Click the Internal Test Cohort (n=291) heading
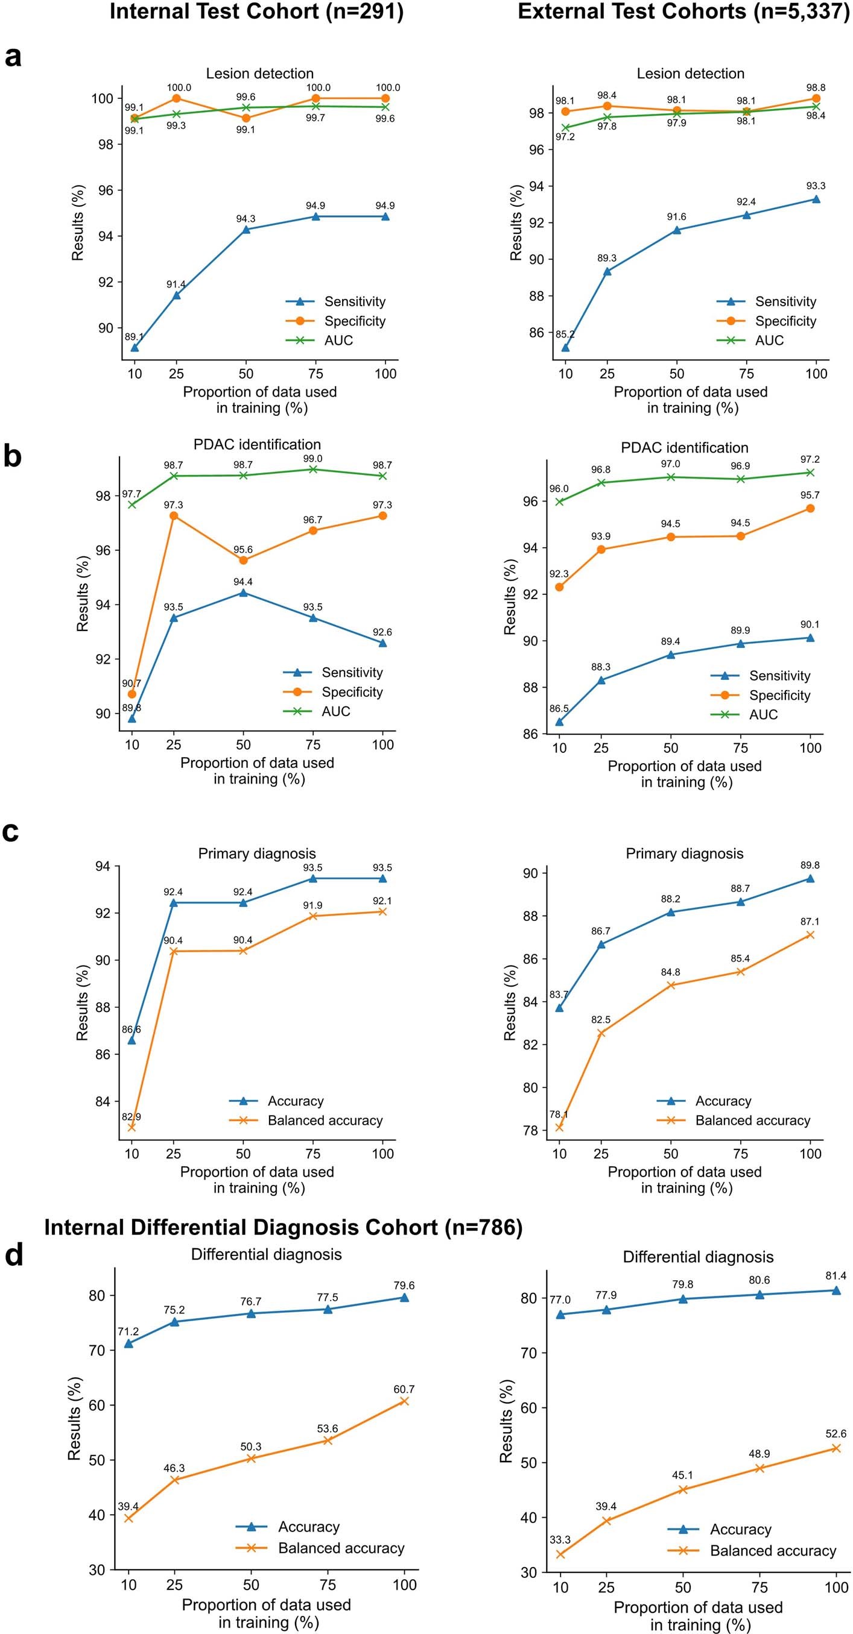[256, 12]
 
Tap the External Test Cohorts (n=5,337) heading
[683, 12]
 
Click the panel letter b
[13, 457]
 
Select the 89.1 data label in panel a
[134, 337]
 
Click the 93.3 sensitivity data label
[816, 186]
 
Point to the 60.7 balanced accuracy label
[404, 1389]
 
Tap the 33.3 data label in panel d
[560, 1539]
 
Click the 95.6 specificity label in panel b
[243, 548]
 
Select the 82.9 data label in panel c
[132, 1116]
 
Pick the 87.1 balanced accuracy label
[810, 922]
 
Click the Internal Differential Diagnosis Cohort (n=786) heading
[283, 1227]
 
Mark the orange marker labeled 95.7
[810, 508]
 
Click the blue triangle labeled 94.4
[243, 592]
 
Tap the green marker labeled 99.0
[313, 469]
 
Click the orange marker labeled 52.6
[836, 1448]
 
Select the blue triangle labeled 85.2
[565, 347]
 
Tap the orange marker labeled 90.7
[132, 694]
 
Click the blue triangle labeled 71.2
[129, 1343]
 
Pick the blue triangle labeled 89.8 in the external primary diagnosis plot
[810, 878]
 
